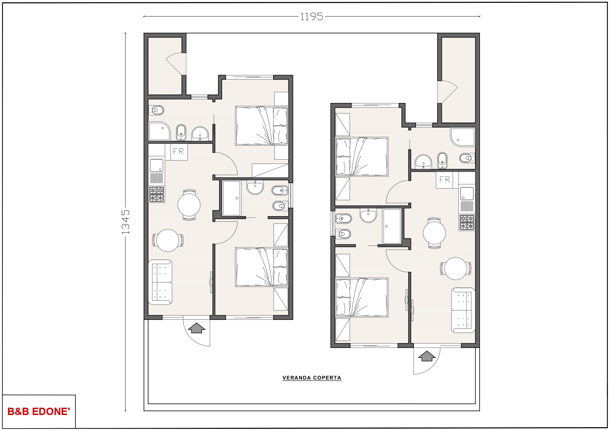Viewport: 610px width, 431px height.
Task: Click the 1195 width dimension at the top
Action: [x=311, y=16]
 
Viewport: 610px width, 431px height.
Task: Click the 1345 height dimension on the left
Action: [x=125, y=221]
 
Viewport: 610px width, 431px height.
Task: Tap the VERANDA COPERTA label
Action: [x=312, y=378]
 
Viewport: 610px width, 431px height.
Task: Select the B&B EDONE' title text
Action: [x=39, y=412]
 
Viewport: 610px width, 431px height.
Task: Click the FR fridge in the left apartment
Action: [x=179, y=152]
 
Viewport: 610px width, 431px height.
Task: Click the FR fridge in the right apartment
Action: [x=445, y=180]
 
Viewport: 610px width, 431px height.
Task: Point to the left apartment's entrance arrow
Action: [x=197, y=328]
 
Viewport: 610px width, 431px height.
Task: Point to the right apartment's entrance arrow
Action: [x=427, y=356]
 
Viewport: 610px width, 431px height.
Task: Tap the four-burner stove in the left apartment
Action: [x=156, y=194]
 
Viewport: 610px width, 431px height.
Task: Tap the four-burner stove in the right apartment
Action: [x=467, y=222]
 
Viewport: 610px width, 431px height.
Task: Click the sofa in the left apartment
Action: [x=160, y=282]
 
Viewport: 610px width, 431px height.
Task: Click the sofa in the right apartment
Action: [x=463, y=310]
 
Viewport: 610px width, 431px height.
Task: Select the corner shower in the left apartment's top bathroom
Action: [x=159, y=131]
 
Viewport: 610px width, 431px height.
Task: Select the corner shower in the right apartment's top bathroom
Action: [x=463, y=137]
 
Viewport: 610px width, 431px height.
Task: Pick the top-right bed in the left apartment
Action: [x=262, y=126]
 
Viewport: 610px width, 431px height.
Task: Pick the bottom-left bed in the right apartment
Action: [x=362, y=298]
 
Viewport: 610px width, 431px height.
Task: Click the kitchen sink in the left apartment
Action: [x=156, y=165]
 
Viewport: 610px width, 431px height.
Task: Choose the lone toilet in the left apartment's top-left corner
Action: [x=156, y=111]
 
